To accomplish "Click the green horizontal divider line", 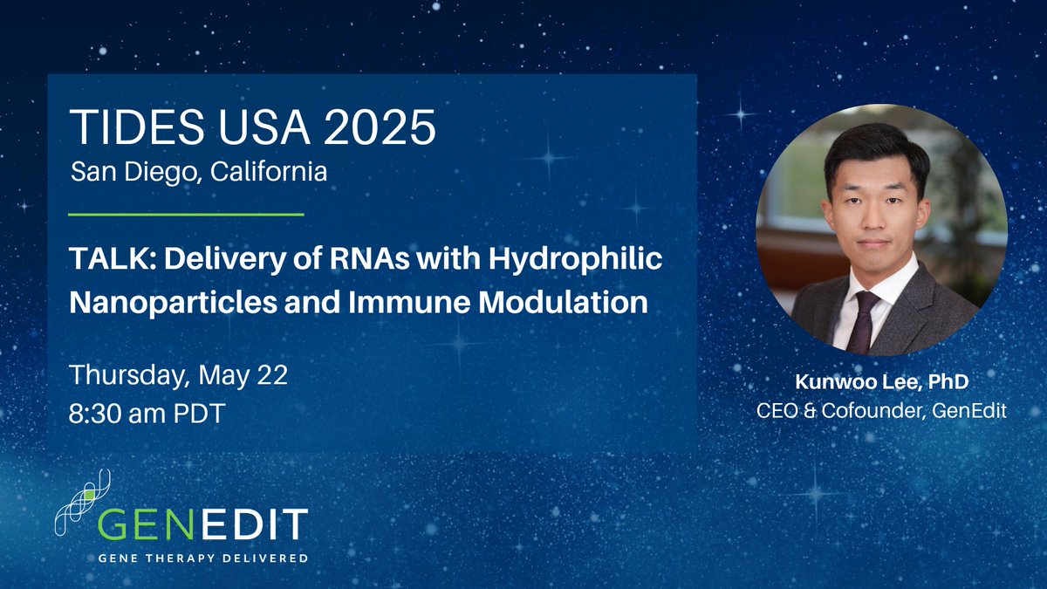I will point(186,213).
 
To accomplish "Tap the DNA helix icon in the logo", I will point(83,506).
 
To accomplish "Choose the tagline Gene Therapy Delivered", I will point(202,558).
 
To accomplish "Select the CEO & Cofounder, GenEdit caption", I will point(881,409).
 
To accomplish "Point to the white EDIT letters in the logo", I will point(261,524).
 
